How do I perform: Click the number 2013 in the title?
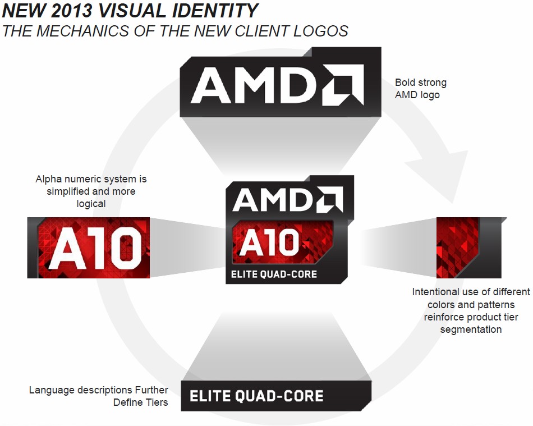click(72, 10)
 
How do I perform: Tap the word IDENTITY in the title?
click(215, 10)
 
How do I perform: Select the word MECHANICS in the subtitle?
click(82, 31)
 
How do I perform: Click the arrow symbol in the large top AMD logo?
click(343, 84)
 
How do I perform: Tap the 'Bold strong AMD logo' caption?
click(420, 88)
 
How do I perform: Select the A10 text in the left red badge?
click(96, 247)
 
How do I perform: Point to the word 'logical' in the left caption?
click(91, 204)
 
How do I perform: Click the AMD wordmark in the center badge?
click(288, 199)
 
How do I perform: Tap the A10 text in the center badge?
click(269, 242)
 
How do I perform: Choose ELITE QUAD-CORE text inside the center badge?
click(274, 274)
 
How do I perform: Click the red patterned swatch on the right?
click(457, 248)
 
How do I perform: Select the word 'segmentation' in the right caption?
click(471, 329)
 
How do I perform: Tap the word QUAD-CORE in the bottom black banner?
click(279, 396)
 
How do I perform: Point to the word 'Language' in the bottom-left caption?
click(52, 390)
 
